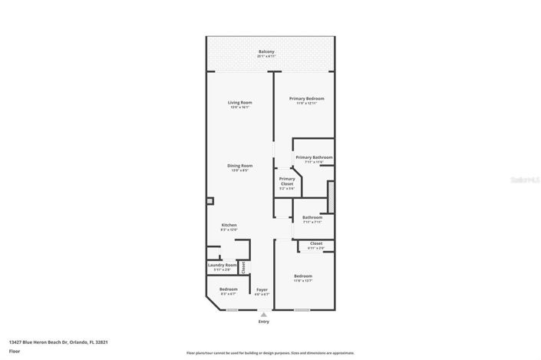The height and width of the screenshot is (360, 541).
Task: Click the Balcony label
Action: click(266, 52)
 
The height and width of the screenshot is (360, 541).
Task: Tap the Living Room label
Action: click(239, 103)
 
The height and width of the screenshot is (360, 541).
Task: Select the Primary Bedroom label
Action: click(306, 99)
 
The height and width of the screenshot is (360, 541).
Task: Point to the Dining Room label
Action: click(239, 166)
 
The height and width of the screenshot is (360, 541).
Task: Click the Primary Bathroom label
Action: click(314, 158)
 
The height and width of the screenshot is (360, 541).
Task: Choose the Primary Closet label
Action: click(286, 181)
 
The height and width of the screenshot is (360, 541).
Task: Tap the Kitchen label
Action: click(229, 226)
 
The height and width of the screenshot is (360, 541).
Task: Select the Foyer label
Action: click(262, 290)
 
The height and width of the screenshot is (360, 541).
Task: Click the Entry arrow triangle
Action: click(264, 315)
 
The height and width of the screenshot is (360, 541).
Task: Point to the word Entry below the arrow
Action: click(264, 322)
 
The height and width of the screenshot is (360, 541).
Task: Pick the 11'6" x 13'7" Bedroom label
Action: click(303, 276)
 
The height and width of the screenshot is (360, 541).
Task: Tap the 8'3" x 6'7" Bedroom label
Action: click(228, 290)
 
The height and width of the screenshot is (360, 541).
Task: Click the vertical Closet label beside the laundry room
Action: click(243, 267)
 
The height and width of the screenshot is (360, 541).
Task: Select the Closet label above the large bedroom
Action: click(316, 244)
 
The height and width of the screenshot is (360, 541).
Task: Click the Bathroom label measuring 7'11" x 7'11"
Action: click(312, 218)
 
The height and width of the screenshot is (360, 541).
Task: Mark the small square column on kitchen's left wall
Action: click(209, 201)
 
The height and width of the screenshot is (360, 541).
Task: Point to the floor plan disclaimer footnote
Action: click(269, 353)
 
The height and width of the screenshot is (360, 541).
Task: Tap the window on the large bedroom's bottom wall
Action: click(302, 309)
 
